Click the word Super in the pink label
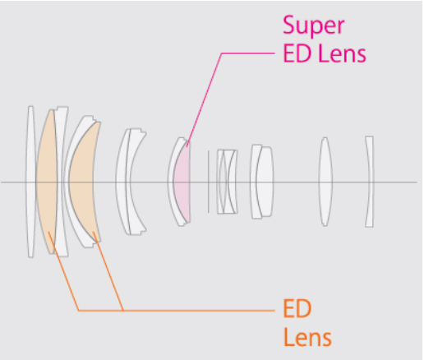(x=314, y=25)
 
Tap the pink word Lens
(x=343, y=53)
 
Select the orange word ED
(x=297, y=308)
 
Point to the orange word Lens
(x=307, y=337)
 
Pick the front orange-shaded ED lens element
(x=46, y=182)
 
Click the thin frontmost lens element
(x=30, y=182)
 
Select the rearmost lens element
(x=370, y=182)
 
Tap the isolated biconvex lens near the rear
(x=325, y=182)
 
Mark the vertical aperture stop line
(x=209, y=182)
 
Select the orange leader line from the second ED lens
(x=108, y=271)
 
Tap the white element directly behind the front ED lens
(x=61, y=182)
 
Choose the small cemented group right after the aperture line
(x=228, y=182)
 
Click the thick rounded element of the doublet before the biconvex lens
(x=265, y=182)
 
